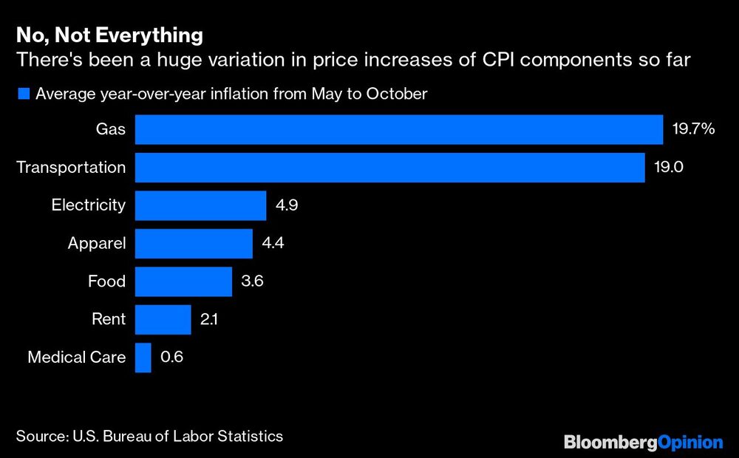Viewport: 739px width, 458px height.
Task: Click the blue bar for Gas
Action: click(399, 129)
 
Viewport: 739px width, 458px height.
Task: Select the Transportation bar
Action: click(390, 167)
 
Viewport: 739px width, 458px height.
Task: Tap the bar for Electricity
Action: click(200, 205)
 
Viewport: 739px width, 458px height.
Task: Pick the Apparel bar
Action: click(194, 243)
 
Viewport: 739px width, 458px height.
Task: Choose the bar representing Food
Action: click(183, 281)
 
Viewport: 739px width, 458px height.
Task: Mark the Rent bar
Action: click(163, 320)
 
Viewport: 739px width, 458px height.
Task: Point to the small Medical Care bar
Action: click(143, 358)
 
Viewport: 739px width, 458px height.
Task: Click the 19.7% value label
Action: click(693, 129)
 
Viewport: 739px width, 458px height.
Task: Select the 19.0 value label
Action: click(668, 167)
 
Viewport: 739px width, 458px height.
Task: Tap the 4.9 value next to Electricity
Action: click(286, 205)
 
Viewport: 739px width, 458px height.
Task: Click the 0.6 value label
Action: click(171, 358)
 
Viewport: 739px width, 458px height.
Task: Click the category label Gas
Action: click(110, 129)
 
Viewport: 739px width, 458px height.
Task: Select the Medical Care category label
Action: click(77, 358)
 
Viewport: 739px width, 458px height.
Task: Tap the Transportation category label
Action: click(71, 167)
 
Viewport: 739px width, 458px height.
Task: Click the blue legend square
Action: click(23, 94)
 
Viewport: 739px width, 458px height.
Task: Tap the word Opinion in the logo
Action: click(690, 442)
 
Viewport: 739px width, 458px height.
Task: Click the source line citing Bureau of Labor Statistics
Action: click(149, 436)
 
